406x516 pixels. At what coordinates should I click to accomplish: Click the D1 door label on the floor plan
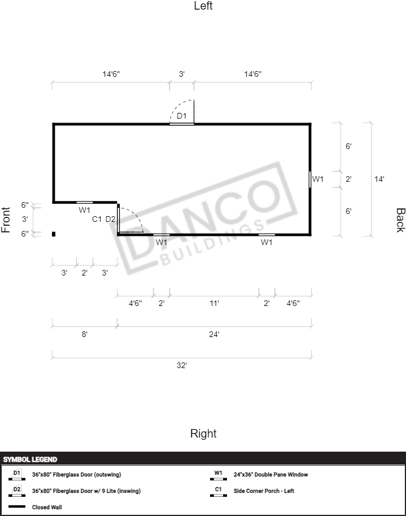click(181, 116)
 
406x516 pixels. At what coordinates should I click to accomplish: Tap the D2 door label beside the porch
click(110, 219)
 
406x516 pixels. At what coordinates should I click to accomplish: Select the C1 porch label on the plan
click(97, 219)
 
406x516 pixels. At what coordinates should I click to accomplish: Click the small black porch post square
click(54, 234)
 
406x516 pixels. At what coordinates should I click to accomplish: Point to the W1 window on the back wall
click(310, 180)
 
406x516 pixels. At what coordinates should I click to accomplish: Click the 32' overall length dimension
click(182, 365)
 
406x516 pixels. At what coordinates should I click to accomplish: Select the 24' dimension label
click(214, 334)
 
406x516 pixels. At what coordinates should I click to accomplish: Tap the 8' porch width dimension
click(85, 334)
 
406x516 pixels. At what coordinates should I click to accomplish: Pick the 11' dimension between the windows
click(215, 303)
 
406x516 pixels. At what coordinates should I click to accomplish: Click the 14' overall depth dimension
click(379, 179)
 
